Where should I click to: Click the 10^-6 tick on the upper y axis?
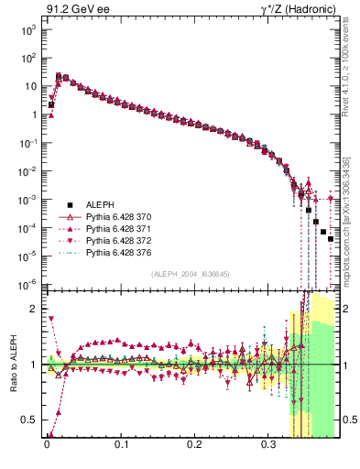(26, 285)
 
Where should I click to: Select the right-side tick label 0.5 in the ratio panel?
(349, 420)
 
